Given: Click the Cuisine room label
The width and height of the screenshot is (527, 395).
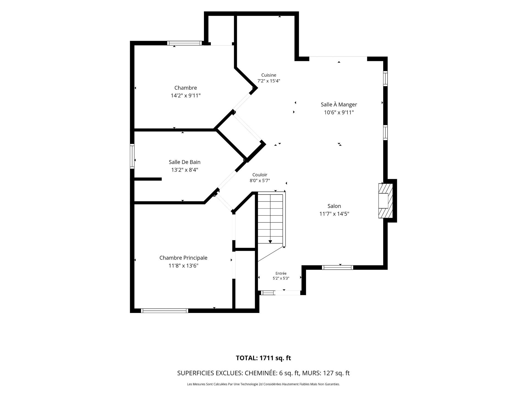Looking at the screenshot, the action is point(269,75).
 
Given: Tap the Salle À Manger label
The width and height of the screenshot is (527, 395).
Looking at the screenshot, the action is point(339,105).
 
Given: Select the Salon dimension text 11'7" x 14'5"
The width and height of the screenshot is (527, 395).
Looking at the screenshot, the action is point(334,214).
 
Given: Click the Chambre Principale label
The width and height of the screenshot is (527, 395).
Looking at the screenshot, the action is point(183,258).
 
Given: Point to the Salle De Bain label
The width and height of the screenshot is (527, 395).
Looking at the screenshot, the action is point(184,162).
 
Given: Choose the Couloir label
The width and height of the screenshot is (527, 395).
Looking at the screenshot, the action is point(260,175).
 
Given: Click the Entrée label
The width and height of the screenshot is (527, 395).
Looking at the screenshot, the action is point(281,273).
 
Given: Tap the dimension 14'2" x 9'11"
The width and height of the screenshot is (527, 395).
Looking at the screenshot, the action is point(186,96).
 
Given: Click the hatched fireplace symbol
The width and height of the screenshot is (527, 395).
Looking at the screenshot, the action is point(386,201).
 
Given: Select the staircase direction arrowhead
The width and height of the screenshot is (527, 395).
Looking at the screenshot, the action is point(270,241).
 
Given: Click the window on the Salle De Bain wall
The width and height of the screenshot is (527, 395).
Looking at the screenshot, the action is point(132,156).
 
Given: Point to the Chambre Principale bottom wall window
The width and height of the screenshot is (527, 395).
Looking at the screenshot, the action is point(164,311).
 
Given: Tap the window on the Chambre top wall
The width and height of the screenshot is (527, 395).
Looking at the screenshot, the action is point(184,43).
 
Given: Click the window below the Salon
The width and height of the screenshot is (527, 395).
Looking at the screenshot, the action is point(337,267).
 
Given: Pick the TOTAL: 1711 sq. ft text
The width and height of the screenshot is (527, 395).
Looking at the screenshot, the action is point(263,358).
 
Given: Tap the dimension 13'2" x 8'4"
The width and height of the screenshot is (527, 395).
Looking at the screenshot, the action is point(185,170).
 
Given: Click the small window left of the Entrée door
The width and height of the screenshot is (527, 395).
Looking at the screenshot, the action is point(267,293).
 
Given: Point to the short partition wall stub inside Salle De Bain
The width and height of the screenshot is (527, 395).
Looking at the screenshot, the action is point(148,179).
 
